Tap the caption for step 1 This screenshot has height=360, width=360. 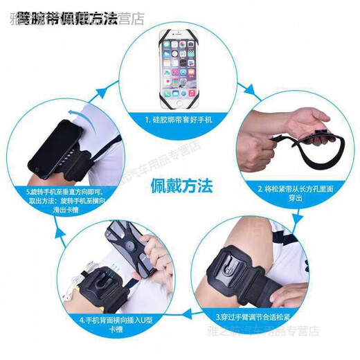click(182, 120)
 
